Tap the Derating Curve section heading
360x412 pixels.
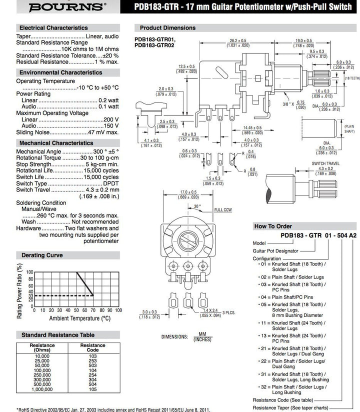pos(42,255)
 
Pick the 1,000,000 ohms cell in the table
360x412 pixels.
pos(42,388)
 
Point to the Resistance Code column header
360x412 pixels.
pos(92,348)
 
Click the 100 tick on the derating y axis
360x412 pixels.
pos(30,272)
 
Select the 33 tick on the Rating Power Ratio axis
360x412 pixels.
pos(30,296)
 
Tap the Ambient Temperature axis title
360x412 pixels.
pos(80,318)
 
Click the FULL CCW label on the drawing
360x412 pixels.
pos(222,210)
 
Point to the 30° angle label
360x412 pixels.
pos(197,206)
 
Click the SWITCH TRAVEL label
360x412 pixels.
pos(324,163)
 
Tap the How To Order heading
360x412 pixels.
pos(274,226)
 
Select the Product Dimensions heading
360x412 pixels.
pos(167,28)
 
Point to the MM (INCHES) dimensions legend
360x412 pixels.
pos(202,336)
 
